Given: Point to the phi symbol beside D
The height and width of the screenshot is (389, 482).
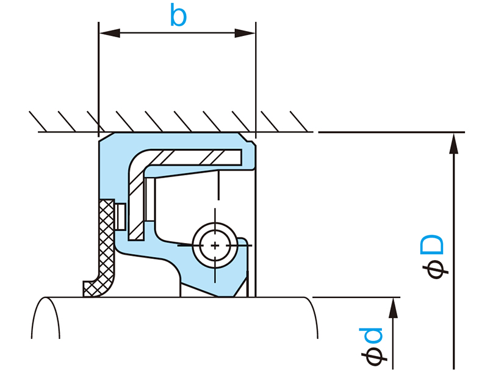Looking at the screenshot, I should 436,269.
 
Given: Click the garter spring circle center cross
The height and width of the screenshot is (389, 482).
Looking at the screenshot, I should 215,244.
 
